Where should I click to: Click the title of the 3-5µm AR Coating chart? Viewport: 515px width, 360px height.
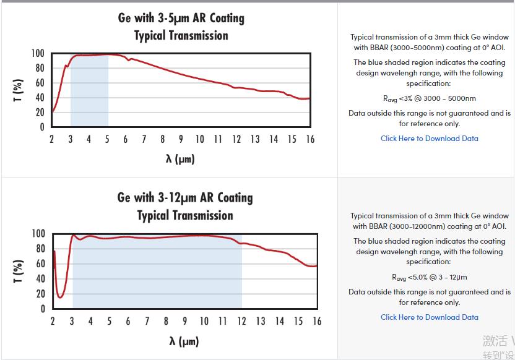coord(181,27)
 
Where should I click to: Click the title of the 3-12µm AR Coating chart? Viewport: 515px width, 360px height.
coord(185,206)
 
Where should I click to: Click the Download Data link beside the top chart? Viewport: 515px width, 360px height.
coord(429,139)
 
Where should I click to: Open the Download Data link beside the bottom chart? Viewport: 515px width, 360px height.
coord(429,317)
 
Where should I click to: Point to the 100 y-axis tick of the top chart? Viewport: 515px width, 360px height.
coord(38,54)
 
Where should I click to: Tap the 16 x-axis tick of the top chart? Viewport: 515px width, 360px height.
coord(310,139)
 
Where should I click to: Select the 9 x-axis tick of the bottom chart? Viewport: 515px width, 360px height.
coord(185,321)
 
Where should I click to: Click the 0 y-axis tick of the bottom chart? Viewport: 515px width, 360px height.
coord(42,309)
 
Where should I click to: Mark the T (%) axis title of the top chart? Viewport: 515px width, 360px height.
coord(19,90)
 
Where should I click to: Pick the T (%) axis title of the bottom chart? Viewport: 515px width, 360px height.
coord(19,271)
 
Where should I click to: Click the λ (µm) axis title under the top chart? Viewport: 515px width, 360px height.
coord(180,159)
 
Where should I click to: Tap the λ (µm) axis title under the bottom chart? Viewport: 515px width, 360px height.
coord(184,341)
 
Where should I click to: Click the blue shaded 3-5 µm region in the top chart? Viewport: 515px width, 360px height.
coord(89,93)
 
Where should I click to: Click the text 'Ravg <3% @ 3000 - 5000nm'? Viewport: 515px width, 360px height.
coord(429,98)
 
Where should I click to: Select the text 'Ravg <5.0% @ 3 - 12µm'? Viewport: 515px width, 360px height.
coord(429,277)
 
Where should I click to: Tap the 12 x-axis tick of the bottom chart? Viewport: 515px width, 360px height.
coord(242,321)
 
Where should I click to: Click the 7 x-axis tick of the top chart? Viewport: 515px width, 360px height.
coord(144,139)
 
